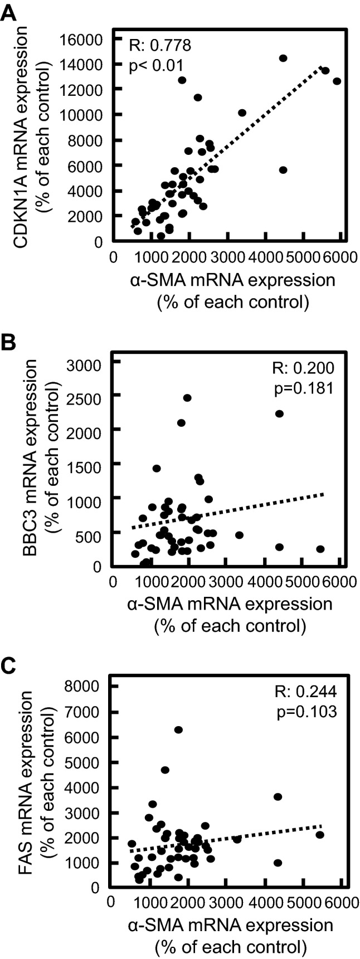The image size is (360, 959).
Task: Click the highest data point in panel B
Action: click(x=187, y=397)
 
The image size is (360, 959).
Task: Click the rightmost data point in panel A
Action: click(x=337, y=81)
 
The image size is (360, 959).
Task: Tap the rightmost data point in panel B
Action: click(x=320, y=549)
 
